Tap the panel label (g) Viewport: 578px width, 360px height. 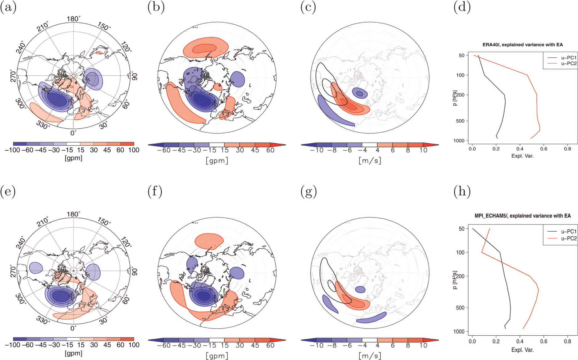(308, 192)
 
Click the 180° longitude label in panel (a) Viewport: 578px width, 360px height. (73, 19)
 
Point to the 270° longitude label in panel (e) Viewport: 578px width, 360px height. (13, 271)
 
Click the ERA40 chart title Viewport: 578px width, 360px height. (522, 45)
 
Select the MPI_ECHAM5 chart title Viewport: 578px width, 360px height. (522, 216)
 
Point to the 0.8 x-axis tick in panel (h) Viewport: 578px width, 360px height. (568, 341)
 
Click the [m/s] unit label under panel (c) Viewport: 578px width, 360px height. (370, 160)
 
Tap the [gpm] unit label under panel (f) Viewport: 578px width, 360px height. (217, 356)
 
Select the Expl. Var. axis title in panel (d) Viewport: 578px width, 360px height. (522, 156)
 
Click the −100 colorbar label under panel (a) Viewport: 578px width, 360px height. (12, 150)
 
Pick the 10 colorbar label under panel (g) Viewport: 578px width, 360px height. (423, 345)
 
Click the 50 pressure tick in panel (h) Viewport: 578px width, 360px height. (461, 229)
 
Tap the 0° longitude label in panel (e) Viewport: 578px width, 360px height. (73, 328)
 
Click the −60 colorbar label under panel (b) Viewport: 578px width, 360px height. (164, 150)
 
